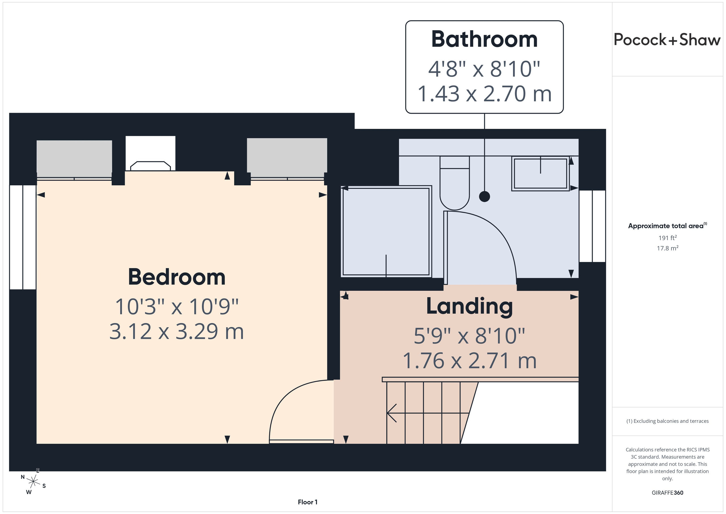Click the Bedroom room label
pos(176,277)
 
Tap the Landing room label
pos(469,306)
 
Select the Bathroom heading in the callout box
pos(484,39)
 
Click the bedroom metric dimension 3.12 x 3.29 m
pos(176,332)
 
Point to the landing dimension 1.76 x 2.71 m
pos(470,360)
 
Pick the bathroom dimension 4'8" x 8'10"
pos(484,69)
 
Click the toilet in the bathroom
pos(454,183)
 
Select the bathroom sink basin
pos(541,174)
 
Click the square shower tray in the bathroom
pos(386,231)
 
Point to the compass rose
pos(33,482)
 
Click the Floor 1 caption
pos(307,502)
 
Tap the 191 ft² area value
pos(668,238)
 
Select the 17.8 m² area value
pos(668,248)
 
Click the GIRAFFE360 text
pos(668,493)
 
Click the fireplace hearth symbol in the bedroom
pos(151,166)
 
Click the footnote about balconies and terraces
pos(668,421)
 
